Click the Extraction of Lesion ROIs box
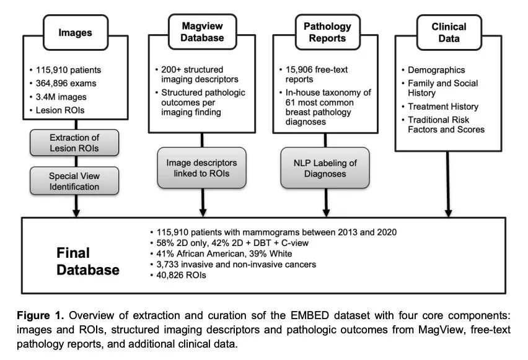(74, 143)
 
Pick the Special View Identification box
(74, 180)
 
